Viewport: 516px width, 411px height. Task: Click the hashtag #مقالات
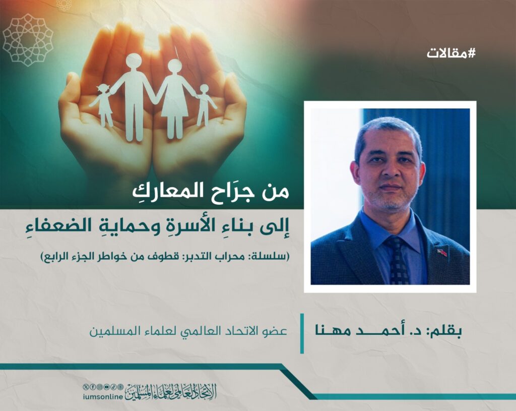(x=451, y=53)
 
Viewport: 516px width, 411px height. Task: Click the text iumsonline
(x=103, y=397)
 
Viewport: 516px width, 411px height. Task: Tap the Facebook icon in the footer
(x=93, y=387)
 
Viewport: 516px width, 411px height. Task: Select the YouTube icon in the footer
(x=107, y=387)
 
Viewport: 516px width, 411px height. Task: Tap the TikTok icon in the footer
(x=113, y=387)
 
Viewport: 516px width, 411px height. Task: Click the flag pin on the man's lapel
(x=441, y=253)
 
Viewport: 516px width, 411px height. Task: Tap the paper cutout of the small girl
(x=103, y=105)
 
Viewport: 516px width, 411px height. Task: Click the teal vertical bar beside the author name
(x=302, y=334)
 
